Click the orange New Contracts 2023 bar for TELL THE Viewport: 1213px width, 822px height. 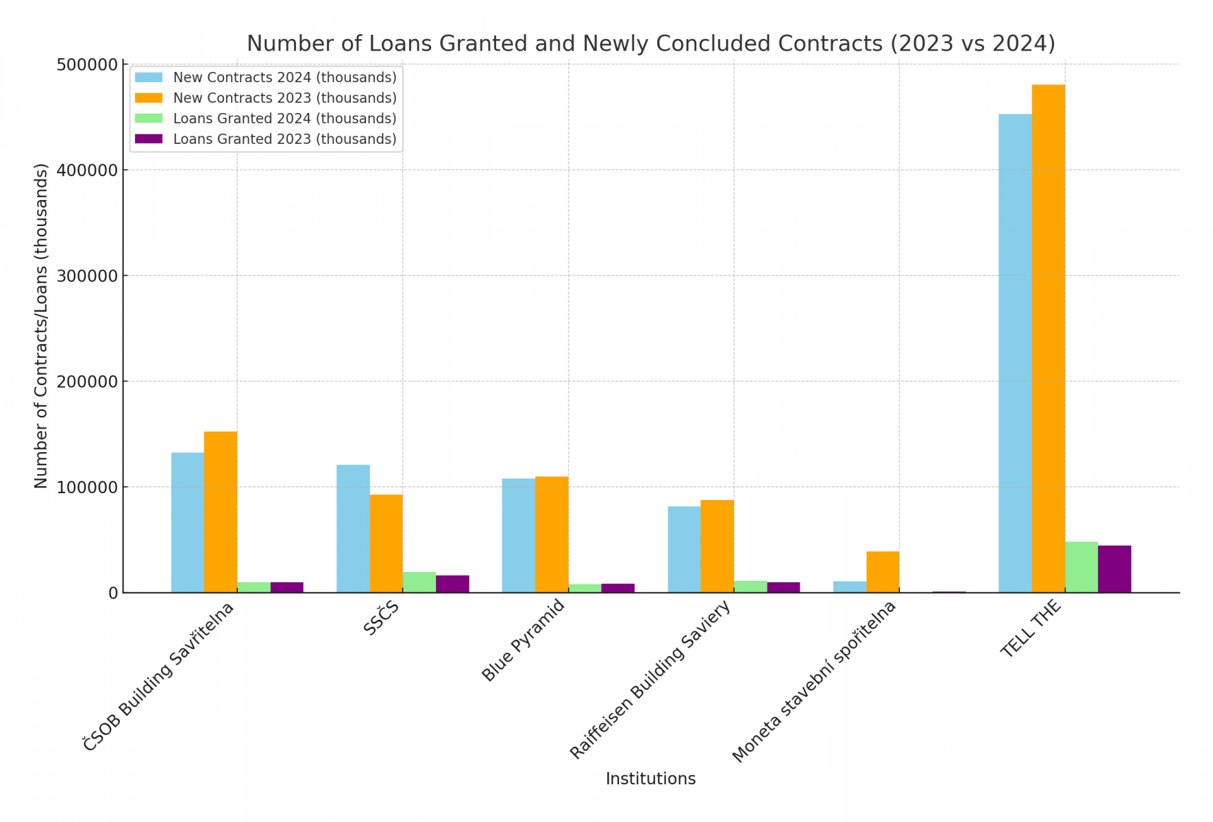pyautogui.click(x=1048, y=338)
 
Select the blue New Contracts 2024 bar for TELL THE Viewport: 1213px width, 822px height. pyautogui.click(x=1015, y=353)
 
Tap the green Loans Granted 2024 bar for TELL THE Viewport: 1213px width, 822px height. pyautogui.click(x=1081, y=566)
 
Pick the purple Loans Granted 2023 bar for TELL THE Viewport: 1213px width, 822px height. pyautogui.click(x=1114, y=569)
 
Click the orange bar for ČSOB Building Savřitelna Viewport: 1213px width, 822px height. pyautogui.click(x=221, y=512)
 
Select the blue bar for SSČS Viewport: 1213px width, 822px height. pyautogui.click(x=353, y=528)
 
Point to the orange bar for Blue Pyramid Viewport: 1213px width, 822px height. pyautogui.click(x=552, y=534)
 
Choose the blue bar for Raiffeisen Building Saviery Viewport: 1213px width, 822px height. pyautogui.click(x=684, y=549)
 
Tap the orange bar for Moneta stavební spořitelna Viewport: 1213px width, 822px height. pyautogui.click(x=883, y=571)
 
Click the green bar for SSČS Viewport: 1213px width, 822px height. pyautogui.click(x=419, y=582)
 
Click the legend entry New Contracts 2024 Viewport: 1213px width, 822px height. pyautogui.click(x=284, y=77)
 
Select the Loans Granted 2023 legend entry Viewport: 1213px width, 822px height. pyautogui.click(x=284, y=139)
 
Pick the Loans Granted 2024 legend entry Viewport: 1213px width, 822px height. pyautogui.click(x=284, y=119)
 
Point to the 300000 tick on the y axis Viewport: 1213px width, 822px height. pyautogui.click(x=87, y=276)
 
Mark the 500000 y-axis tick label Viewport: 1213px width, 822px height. pyautogui.click(x=87, y=65)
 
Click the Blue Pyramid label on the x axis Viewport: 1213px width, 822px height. pyautogui.click(x=524, y=640)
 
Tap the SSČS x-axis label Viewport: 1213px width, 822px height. pyautogui.click(x=381, y=618)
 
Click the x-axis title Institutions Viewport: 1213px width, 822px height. pyautogui.click(x=650, y=779)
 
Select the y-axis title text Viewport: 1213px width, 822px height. pyautogui.click(x=41, y=325)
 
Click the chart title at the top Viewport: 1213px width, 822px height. pyautogui.click(x=650, y=43)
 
